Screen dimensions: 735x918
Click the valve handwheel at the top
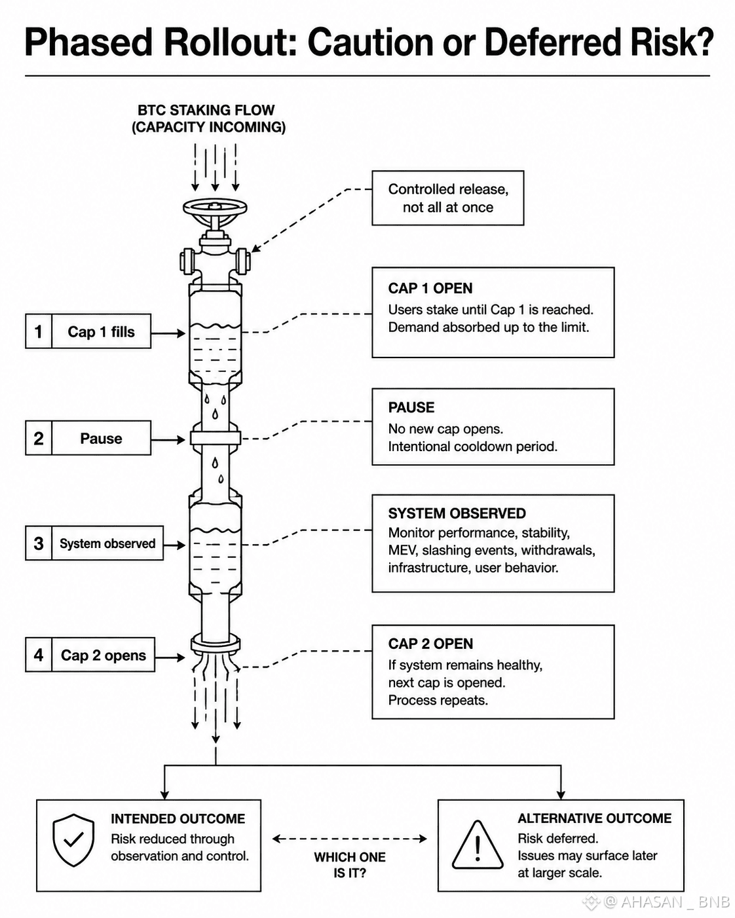point(215,208)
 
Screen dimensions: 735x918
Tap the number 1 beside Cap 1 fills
point(39,331)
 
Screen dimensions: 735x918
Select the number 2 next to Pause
point(39,438)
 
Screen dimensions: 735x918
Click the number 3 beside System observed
point(39,543)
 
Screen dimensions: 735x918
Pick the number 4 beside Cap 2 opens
point(39,655)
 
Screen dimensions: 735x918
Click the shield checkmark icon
point(73,840)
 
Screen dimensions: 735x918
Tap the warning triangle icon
point(478,845)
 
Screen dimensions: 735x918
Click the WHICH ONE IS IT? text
point(350,865)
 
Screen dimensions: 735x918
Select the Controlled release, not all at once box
point(447,198)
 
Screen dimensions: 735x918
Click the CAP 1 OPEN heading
point(430,288)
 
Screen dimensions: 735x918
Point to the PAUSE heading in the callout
point(411,407)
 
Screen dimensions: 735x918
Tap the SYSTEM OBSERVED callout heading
point(457,513)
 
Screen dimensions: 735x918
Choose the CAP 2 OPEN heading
point(430,644)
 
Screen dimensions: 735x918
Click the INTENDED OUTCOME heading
point(178,818)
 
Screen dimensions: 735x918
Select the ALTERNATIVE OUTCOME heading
point(595,818)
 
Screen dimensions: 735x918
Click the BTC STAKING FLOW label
point(206,110)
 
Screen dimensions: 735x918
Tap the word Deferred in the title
point(552,42)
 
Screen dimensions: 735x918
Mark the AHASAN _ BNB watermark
point(666,902)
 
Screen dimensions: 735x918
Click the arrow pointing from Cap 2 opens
point(170,657)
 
